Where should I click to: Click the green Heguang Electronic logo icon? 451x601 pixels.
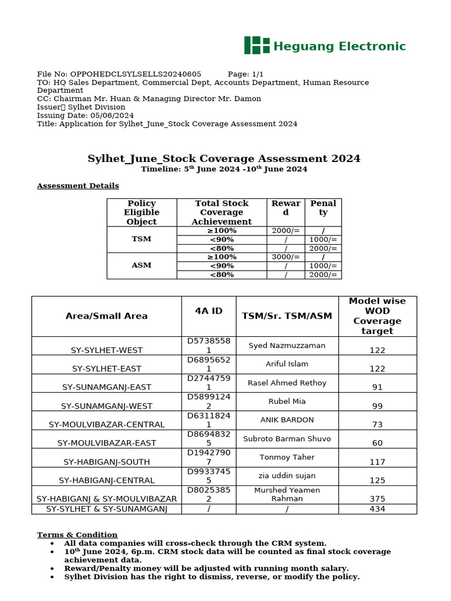(x=257, y=45)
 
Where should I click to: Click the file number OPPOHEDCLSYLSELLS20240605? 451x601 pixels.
(x=136, y=74)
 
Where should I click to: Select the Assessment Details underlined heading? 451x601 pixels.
(x=78, y=185)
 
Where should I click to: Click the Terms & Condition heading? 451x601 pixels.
(x=77, y=535)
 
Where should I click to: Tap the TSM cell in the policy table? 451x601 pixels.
(x=142, y=239)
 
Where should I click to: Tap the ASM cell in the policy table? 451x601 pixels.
(x=142, y=265)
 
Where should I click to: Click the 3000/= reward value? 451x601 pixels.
(x=285, y=257)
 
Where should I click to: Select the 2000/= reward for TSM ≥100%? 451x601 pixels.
(x=285, y=231)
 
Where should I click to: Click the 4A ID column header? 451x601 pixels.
(x=208, y=311)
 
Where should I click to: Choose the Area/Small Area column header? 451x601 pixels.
(x=106, y=316)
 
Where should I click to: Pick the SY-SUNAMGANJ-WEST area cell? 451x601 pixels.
(x=106, y=406)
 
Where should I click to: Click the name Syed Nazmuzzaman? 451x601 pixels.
(x=287, y=345)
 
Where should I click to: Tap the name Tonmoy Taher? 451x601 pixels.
(x=287, y=457)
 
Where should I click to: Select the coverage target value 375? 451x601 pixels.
(x=377, y=499)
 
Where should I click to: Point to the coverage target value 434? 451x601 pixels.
(x=377, y=509)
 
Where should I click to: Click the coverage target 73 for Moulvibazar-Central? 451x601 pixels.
(x=377, y=424)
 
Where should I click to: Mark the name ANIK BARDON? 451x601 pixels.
(x=287, y=420)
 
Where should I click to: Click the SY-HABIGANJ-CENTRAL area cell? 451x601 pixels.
(x=106, y=480)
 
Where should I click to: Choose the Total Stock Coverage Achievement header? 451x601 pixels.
(x=221, y=212)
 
